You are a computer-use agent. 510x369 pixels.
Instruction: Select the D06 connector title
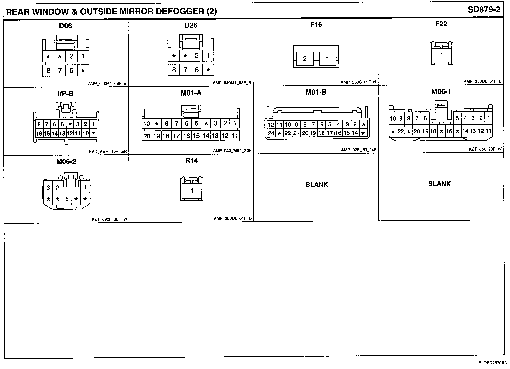pos(65,26)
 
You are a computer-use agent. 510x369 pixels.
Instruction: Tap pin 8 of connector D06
pos(48,71)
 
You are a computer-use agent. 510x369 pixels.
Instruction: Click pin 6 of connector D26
pos(197,70)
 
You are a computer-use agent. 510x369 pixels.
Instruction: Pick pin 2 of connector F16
pos(305,59)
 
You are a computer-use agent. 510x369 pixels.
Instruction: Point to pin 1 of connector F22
pos(442,55)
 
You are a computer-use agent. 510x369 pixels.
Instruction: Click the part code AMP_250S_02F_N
pos(358,82)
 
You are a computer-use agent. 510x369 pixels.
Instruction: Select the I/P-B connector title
pos(66,94)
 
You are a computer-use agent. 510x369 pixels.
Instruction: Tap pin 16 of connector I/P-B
pos(39,134)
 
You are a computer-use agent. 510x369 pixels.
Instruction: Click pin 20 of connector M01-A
pos(147,136)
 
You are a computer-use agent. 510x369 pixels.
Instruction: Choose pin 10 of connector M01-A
pos(147,123)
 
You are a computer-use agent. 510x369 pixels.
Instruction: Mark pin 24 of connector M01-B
pos(271,133)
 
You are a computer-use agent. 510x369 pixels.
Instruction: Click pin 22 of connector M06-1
pos(401,131)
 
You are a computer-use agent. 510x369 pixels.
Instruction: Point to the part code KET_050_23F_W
pos(485,149)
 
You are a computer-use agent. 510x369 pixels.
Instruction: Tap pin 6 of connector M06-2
pos(67,199)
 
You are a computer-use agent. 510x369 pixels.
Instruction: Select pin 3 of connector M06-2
pos(48,187)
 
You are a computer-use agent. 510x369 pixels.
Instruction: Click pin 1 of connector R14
pos(192,191)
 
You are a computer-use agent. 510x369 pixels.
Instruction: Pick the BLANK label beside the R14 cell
pos(317,184)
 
